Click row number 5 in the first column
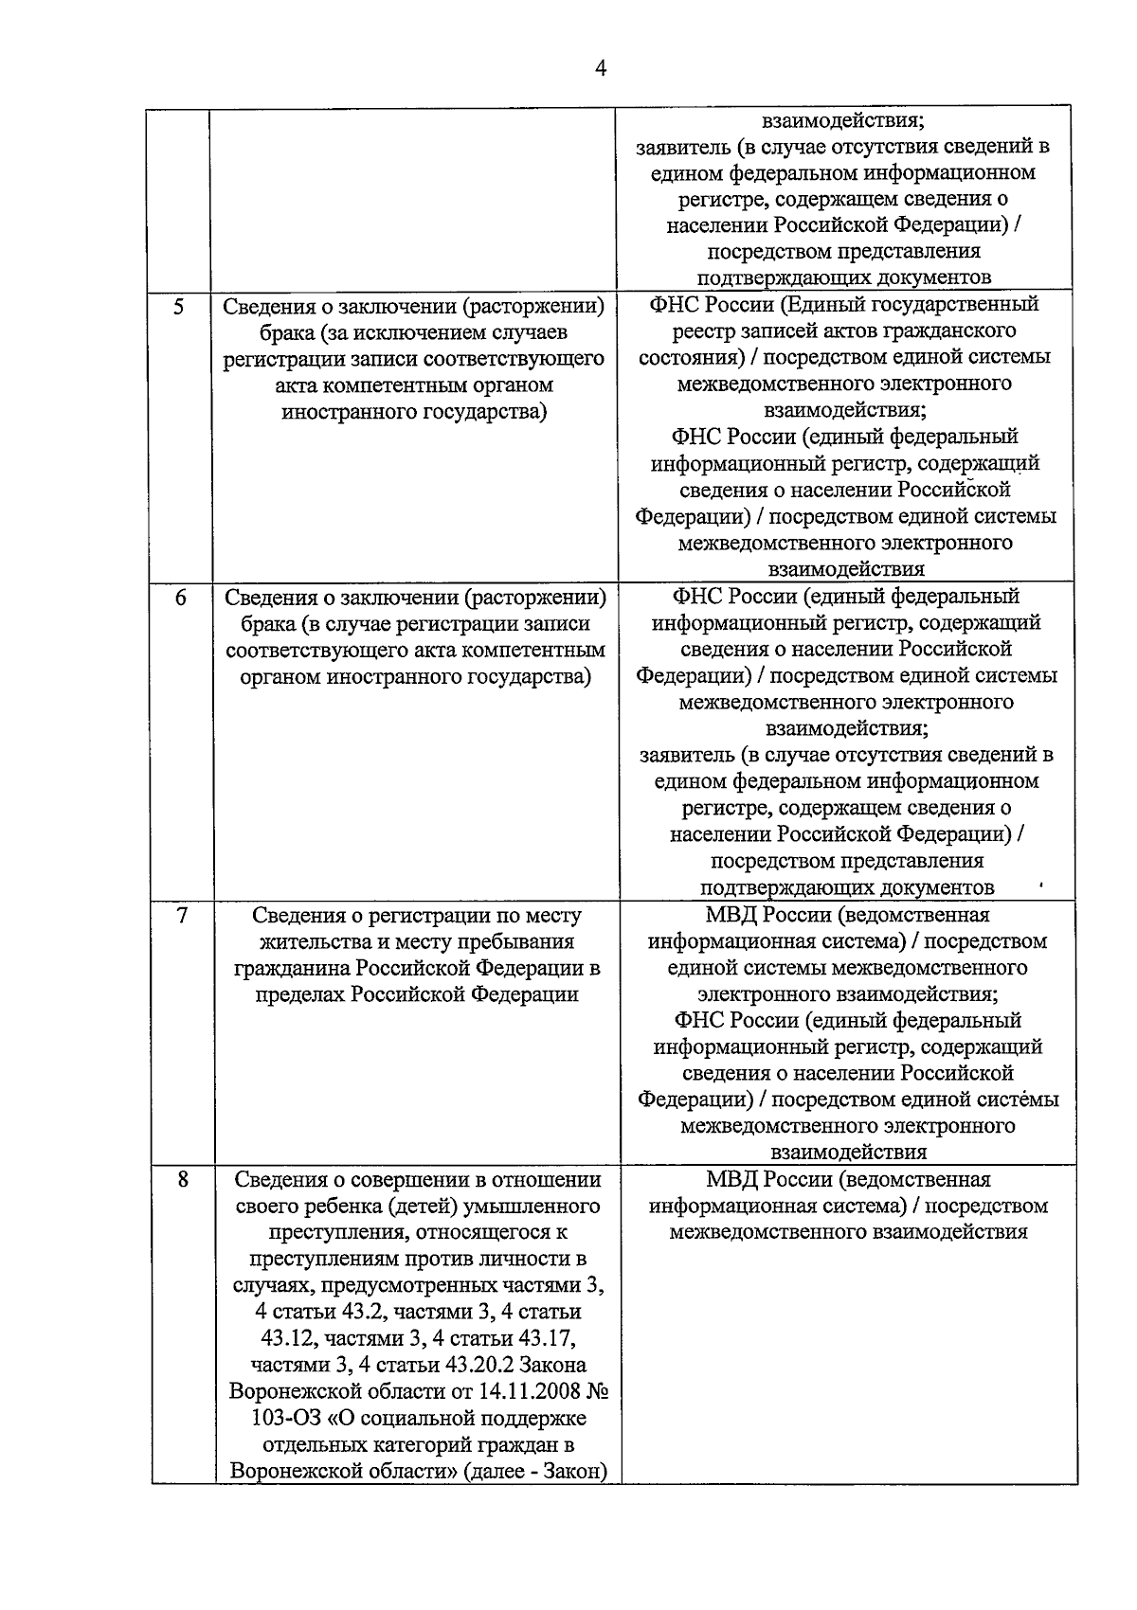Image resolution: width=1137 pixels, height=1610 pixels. pos(179,307)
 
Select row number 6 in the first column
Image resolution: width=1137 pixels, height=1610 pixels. pos(180,599)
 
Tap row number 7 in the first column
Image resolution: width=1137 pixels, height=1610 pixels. pos(181,916)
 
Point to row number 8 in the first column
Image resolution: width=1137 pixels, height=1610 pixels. pos(182,1180)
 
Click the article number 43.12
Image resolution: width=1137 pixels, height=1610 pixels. pos(289,1339)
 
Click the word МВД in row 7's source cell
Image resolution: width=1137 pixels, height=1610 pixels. pos(731,916)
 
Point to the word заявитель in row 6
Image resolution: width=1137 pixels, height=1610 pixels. pos(686,756)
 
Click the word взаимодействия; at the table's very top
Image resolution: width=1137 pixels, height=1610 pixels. pos(843,121)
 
